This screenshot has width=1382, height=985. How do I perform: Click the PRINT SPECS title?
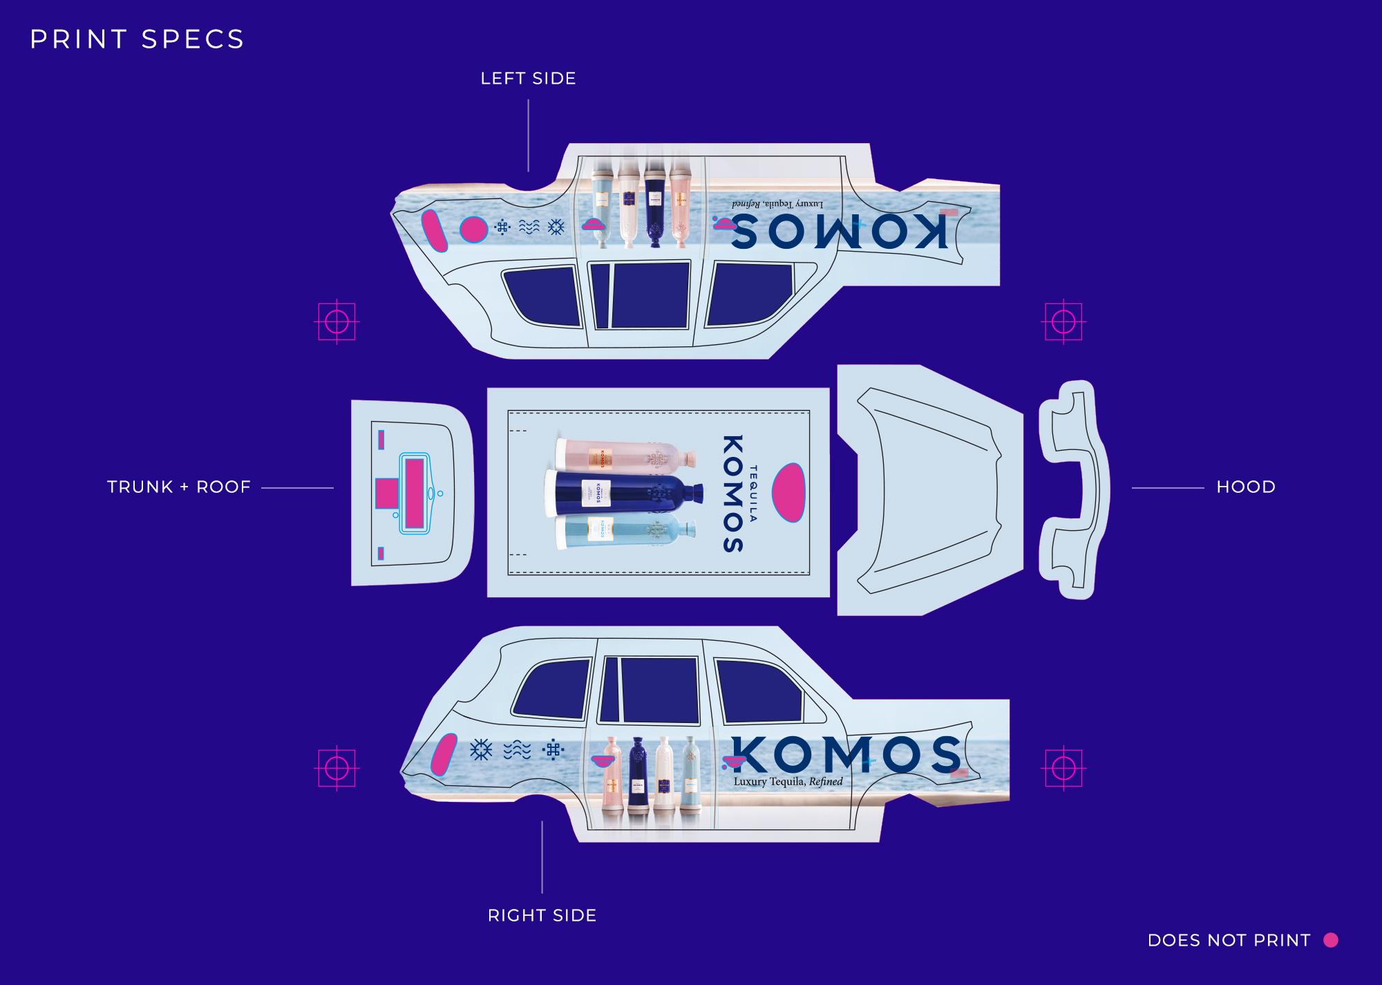[137, 39]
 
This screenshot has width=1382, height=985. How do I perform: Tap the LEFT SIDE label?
[528, 79]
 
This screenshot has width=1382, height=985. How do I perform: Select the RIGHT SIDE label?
[542, 915]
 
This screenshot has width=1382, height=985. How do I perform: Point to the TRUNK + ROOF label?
[178, 487]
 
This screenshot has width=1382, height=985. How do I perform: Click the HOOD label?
[1245, 487]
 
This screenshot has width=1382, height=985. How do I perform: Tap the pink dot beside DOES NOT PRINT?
[1330, 940]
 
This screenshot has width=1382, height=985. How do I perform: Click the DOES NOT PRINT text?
[1229, 940]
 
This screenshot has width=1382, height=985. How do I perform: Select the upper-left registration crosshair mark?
[337, 321]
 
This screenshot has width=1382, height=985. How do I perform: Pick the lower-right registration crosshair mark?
[1063, 768]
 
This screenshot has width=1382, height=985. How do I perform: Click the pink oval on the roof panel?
[788, 492]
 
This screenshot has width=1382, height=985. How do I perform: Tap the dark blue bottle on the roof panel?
[622, 493]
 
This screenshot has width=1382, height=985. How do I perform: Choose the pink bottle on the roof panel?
[622, 456]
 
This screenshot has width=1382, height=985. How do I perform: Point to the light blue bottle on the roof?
[622, 531]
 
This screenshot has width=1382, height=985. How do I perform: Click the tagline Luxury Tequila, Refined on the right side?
[788, 782]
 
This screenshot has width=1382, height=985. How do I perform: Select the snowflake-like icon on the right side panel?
[481, 749]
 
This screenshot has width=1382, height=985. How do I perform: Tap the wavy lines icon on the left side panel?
[529, 227]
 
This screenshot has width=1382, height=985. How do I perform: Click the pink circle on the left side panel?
[473, 229]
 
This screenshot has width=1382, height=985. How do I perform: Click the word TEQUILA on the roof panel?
[753, 493]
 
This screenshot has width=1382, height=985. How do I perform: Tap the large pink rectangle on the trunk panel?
[414, 494]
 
